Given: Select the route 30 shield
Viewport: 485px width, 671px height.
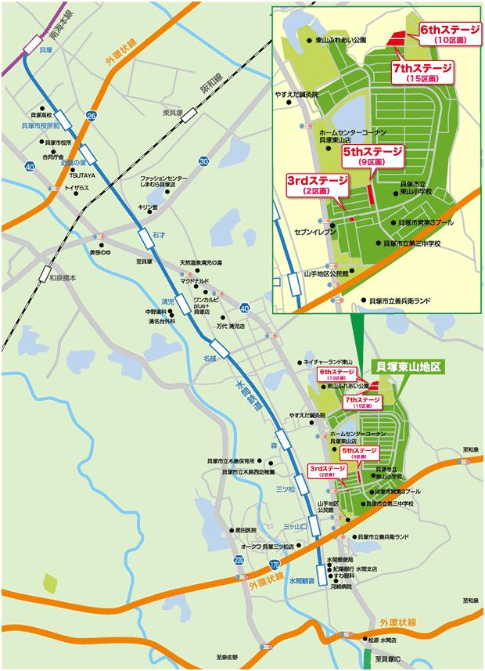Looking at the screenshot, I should (203, 161).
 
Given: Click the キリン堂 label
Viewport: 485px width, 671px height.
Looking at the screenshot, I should (148, 207).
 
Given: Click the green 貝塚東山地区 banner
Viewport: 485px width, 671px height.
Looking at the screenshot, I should (409, 366).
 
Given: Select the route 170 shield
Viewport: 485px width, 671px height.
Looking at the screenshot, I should (273, 563).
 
